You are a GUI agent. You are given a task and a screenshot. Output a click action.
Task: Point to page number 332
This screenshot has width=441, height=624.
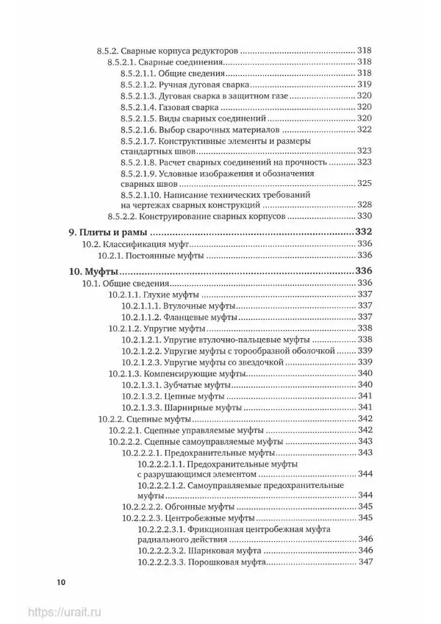[365, 232]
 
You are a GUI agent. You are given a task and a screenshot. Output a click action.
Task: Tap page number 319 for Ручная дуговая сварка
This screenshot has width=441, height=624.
[366, 85]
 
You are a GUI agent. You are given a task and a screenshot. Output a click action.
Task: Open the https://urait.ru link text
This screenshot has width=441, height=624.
[63, 612]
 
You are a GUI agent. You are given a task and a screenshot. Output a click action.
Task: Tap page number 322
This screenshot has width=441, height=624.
[366, 129]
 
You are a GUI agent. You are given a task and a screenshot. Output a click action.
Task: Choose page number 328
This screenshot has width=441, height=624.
[366, 205]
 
